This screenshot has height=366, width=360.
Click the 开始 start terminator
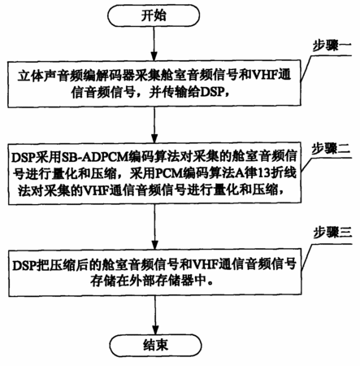pyautogui.click(x=154, y=15)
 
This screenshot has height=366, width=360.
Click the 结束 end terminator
pyautogui.click(x=156, y=346)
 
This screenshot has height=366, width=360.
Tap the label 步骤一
pyautogui.click(x=332, y=46)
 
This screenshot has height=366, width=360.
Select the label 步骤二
pyautogui.click(x=331, y=148)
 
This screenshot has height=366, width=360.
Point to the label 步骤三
pyautogui.click(x=332, y=233)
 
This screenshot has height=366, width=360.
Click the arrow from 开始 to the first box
pyautogui.click(x=154, y=43)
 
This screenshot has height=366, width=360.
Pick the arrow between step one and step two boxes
pyautogui.click(x=154, y=124)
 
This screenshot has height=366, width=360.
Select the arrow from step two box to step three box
pyautogui.click(x=154, y=227)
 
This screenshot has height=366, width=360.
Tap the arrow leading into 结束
pyautogui.click(x=155, y=315)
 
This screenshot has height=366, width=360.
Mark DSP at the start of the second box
pyautogui.click(x=24, y=157)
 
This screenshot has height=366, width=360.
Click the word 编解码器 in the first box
pyautogui.click(x=109, y=76)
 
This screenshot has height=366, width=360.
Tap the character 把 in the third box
pyautogui.click(x=44, y=264)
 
